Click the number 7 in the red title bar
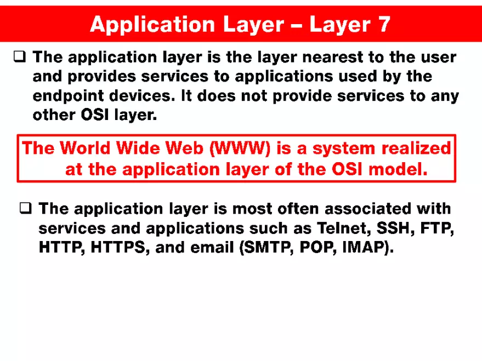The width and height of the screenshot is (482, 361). [x=383, y=24]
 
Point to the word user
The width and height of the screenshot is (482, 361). [x=438, y=56]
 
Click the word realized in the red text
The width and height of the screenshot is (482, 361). [x=416, y=148]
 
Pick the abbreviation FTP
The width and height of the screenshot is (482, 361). [x=437, y=228]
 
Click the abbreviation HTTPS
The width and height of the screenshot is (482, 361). [x=120, y=248]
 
